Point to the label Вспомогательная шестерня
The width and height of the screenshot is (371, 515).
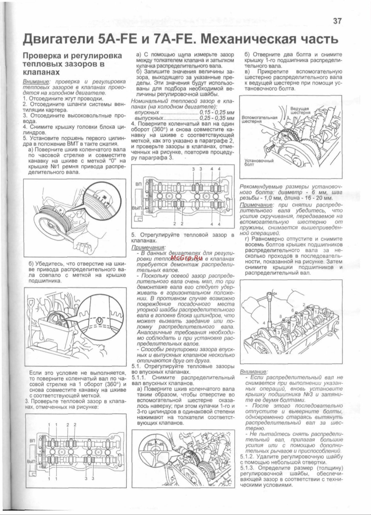click(x=259, y=119)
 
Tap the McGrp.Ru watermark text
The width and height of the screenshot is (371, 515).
click(x=183, y=257)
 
